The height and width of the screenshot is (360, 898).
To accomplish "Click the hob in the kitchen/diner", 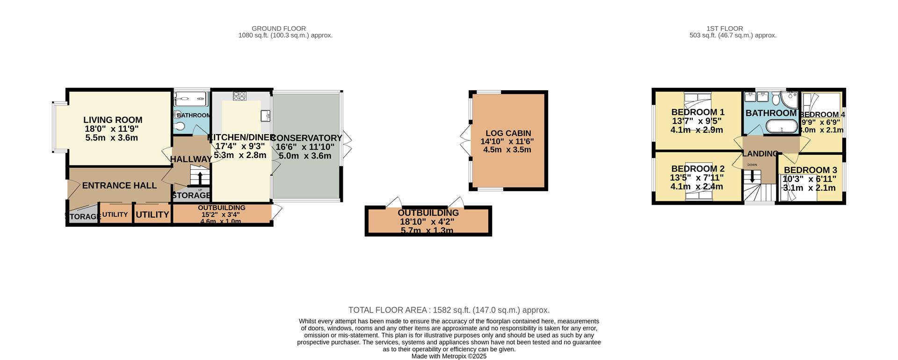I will [239, 96].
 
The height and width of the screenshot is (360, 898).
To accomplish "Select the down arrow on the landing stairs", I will [752, 177].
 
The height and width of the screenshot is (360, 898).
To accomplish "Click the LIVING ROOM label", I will [113, 120].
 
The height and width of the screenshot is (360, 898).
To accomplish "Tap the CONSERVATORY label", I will [307, 138].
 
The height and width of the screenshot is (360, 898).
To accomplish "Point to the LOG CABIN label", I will [508, 133].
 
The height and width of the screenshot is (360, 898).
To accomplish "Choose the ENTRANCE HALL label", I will [119, 186].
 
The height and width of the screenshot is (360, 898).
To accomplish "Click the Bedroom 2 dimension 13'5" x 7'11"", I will [697, 178].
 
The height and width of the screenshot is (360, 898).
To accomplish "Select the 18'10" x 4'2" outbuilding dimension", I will [427, 222].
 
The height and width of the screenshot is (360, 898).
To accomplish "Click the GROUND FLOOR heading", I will [279, 29].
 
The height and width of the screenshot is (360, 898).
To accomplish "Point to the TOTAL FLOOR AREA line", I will [449, 310].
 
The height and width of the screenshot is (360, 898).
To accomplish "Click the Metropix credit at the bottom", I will [449, 356].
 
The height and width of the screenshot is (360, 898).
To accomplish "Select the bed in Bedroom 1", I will [697, 100].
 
